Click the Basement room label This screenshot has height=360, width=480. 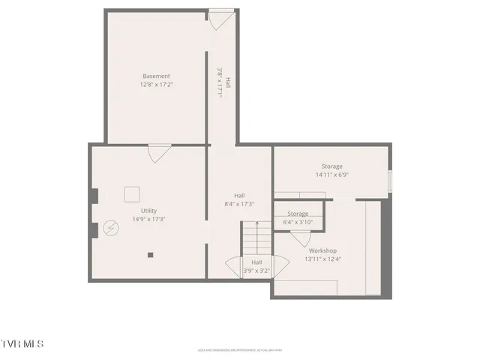pos(156,76)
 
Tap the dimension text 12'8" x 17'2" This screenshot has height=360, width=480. pos(156,85)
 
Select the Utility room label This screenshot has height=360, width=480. pos(148,211)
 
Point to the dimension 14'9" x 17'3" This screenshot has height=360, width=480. pos(148,220)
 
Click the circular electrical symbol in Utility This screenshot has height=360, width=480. pos(111,226)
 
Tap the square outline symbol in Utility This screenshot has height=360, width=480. pos(132,193)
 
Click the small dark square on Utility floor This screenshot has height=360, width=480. pos(150,255)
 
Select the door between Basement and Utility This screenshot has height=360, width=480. pos(159,152)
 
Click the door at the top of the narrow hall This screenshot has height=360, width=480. pos(220,19)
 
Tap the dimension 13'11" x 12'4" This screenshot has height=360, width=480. pos(322,259)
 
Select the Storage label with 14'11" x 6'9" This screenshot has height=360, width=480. pos(332,166)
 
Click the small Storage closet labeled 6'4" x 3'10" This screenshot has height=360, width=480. pos(298,214)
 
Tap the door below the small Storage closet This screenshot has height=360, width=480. pos(301,238)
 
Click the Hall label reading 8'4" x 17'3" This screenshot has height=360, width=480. pos(239,196)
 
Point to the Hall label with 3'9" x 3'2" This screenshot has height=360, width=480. pos(256,262)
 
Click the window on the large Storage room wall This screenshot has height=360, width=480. pos(389,181)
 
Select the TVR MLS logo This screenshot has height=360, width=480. pos(22,344)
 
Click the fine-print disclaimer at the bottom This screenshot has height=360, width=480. pos(239,349)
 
